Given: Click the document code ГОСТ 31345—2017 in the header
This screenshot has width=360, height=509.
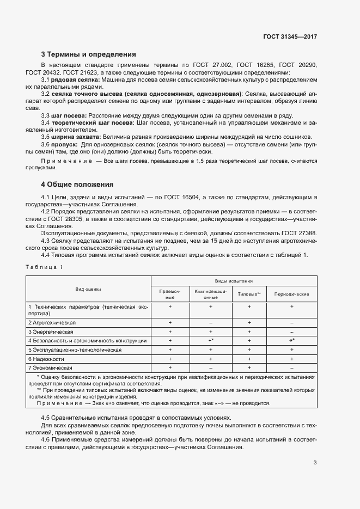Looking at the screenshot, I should tap(289, 36).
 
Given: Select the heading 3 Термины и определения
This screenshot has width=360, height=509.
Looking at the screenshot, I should tap(88, 54).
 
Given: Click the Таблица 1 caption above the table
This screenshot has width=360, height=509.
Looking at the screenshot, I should tap(44, 266).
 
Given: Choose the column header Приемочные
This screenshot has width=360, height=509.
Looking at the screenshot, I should tap(170, 294).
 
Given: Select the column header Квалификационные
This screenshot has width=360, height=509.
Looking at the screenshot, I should tap(210, 294).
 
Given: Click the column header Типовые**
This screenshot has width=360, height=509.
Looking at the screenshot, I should tap(249, 294).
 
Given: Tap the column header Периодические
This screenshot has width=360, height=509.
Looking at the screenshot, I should tap(292, 294).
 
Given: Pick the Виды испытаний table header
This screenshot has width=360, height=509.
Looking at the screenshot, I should tap(234, 281).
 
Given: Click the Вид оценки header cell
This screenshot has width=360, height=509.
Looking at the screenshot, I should tap(88, 289).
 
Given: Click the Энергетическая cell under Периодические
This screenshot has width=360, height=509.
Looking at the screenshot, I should tap(292, 332).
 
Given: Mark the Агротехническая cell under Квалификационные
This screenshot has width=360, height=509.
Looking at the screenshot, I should tap(210, 323).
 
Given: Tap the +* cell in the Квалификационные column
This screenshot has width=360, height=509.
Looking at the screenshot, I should tap(210, 341).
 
